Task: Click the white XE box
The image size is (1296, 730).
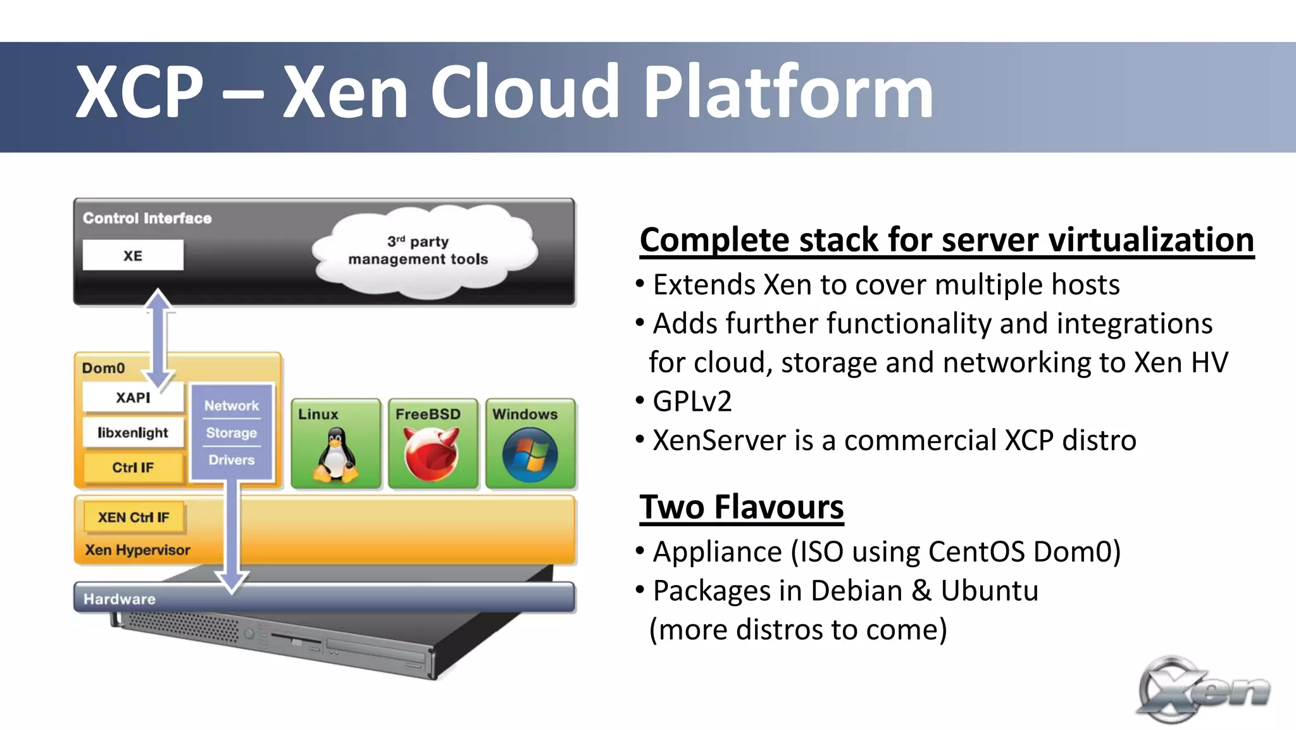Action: (x=133, y=255)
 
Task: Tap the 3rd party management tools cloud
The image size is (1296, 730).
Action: (x=421, y=253)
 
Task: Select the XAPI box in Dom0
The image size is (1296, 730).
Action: (x=133, y=398)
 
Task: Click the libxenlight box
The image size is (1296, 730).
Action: (x=133, y=432)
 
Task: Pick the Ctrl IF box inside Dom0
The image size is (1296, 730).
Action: (x=133, y=467)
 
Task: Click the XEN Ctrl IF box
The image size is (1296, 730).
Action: (x=134, y=517)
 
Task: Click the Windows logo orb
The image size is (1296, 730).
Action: (x=530, y=455)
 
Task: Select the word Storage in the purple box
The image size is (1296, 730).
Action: (x=232, y=433)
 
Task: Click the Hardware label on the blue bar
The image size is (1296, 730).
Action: (x=120, y=599)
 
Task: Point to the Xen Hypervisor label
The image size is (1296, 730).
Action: (x=137, y=550)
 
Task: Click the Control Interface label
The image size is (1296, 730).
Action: (x=147, y=218)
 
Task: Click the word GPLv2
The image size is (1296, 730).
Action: (x=692, y=401)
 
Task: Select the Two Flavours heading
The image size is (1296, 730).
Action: (x=741, y=507)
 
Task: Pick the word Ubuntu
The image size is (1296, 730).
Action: (x=989, y=591)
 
